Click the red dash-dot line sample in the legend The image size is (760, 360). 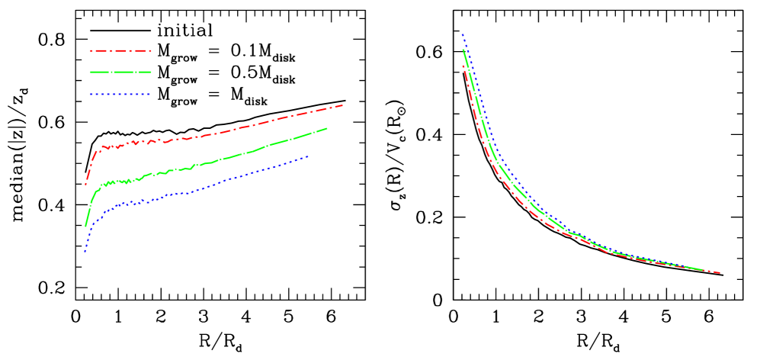click(120, 51)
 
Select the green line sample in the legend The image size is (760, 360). click(120, 72)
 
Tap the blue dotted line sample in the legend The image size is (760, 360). click(120, 95)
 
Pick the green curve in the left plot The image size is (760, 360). click(229, 157)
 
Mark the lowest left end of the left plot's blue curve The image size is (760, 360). click(85, 252)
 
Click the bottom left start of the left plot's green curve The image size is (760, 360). click(85, 226)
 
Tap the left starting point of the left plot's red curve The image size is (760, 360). click(85, 184)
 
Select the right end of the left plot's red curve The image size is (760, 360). click(342, 105)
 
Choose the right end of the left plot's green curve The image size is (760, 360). click(327, 128)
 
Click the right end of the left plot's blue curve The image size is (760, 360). click(309, 156)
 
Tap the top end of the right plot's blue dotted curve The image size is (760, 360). click(462, 34)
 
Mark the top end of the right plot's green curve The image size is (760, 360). click(463, 50)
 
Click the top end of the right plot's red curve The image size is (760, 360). click(463, 66)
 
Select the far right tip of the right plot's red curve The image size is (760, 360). click(720, 273)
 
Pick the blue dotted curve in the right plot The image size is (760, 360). click(495, 144)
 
